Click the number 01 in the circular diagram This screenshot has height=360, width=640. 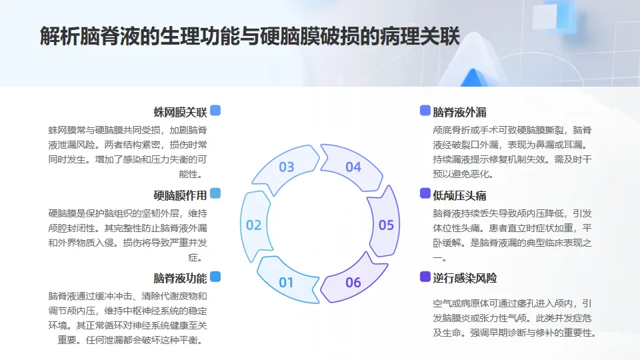[x=286, y=282]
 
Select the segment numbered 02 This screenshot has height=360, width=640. [x=253, y=225]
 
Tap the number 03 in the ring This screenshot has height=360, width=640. [x=286, y=167]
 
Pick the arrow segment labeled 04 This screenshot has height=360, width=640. [x=353, y=167]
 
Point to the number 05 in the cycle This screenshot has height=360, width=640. [x=386, y=225]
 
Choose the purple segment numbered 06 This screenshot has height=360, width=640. [x=353, y=282]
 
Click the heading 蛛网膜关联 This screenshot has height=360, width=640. [x=180, y=111]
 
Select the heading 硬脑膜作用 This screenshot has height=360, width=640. [x=180, y=195]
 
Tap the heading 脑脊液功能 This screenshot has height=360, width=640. [x=180, y=278]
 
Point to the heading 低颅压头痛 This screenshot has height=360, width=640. [x=459, y=195]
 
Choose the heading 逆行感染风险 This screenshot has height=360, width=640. [x=464, y=278]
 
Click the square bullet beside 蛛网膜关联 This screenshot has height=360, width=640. [x=215, y=111]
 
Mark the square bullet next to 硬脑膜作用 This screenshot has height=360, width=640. [x=215, y=193]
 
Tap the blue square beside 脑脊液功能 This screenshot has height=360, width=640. [x=215, y=277]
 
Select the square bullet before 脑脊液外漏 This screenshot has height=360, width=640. [x=425, y=111]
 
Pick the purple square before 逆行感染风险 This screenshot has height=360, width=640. [x=425, y=277]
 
